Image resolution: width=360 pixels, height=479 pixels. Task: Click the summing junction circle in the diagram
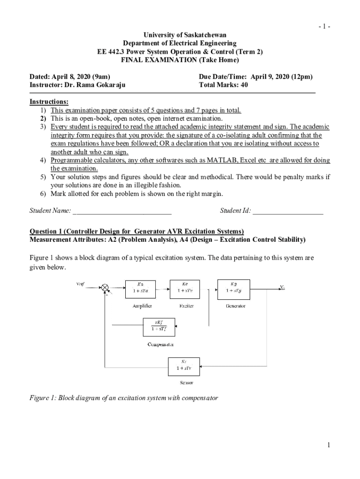pyautogui.click(x=106, y=287)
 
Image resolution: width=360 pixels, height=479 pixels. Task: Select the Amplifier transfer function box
pyautogui.click(x=140, y=289)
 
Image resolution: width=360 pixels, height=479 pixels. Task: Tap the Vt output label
pyautogui.click(x=283, y=287)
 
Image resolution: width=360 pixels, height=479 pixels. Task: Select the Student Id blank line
pyautogui.click(x=288, y=211)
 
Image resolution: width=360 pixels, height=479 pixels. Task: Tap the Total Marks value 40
pyautogui.click(x=244, y=85)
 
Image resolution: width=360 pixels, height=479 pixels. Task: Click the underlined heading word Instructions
pyautogui.click(x=49, y=102)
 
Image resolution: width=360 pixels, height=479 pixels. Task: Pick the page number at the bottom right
pyautogui.click(x=329, y=445)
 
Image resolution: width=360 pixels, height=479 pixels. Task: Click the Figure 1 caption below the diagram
pyautogui.click(x=124, y=398)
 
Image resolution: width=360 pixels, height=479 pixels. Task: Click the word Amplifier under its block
pyautogui.click(x=141, y=306)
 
